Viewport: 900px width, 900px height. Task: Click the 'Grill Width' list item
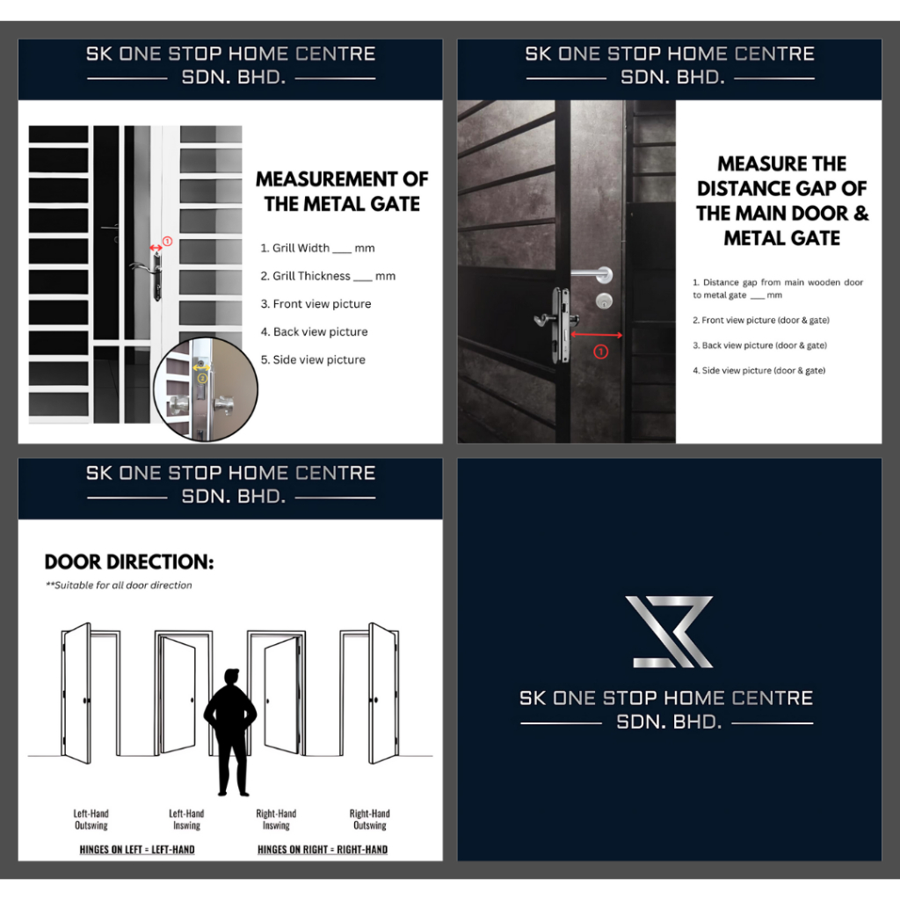(317, 248)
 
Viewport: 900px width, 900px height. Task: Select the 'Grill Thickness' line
(328, 276)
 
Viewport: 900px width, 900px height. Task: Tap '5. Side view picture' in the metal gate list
(313, 359)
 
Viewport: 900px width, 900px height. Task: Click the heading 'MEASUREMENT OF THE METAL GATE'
(342, 192)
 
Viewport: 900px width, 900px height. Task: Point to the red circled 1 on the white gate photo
(167, 242)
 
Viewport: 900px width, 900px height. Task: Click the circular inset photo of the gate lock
(206, 389)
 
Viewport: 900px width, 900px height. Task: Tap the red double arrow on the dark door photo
(597, 335)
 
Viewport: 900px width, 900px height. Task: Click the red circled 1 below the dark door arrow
(600, 352)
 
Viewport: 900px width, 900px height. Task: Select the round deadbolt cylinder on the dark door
(603, 301)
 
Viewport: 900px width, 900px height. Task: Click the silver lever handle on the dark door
(593, 275)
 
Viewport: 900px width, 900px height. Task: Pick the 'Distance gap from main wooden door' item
(778, 288)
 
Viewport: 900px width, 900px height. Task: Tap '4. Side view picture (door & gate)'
(758, 371)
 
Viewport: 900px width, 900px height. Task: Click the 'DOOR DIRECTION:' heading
(129, 562)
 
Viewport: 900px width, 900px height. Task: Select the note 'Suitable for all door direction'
(119, 585)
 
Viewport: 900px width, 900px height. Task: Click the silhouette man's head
(231, 677)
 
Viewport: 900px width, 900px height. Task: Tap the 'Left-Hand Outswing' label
(91, 820)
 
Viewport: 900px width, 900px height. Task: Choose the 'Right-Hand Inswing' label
(276, 820)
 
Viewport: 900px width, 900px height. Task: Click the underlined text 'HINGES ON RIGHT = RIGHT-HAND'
(323, 850)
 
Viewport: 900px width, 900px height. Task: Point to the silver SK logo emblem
(669, 631)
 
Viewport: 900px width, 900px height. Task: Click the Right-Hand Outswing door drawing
(370, 693)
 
